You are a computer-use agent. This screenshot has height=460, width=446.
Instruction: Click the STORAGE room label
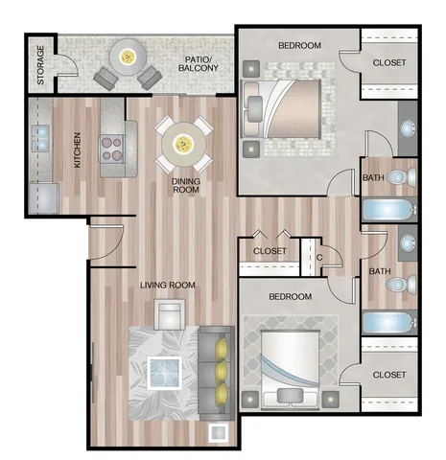pos(40,65)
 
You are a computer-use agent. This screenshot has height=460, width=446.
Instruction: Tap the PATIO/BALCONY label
pos(199,63)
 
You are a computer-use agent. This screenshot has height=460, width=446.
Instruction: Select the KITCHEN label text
pos(78,150)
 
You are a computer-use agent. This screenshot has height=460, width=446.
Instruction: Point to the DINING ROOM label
pos(186,185)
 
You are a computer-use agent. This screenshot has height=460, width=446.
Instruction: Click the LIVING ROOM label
pos(168,285)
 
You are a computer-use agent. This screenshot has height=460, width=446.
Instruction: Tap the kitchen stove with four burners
pos(112,149)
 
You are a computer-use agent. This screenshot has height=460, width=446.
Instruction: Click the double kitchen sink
pos(40,138)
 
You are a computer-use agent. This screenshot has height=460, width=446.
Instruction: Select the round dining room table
pos(183,144)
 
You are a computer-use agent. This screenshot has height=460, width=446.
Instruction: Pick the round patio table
pos(128,57)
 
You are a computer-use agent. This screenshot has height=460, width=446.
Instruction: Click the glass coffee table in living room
pos(165,373)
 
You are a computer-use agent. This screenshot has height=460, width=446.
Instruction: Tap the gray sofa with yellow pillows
pos(217,373)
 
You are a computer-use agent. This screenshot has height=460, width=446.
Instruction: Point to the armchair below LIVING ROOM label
pos(170,314)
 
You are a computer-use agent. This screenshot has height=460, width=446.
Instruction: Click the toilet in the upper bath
pos(402,176)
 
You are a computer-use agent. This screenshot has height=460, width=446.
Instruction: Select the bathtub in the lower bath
pos(389,323)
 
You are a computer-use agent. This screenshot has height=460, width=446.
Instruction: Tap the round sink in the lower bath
pos(409,243)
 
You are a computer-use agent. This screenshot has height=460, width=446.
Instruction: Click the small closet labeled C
pos(311,257)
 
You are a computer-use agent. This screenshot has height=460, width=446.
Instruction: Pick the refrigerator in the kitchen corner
pos(44,198)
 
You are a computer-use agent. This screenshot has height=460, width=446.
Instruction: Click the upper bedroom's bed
pos(281,109)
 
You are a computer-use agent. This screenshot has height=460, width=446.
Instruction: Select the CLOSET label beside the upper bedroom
pos(389,62)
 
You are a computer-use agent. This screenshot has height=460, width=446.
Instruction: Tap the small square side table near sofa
pos(219,433)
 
